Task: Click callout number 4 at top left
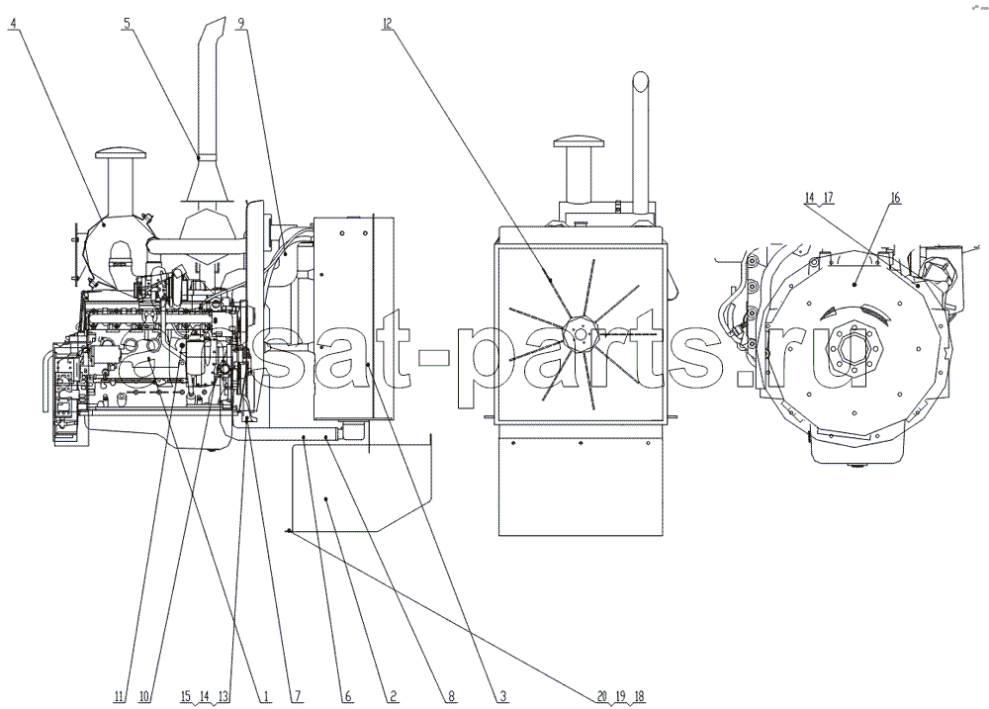point(14,24)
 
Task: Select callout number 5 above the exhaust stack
point(128,24)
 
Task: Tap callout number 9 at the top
point(240,24)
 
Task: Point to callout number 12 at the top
point(387,24)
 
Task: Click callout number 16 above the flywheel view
point(894,198)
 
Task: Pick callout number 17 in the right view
point(828,198)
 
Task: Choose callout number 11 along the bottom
point(120,696)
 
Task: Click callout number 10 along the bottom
point(144,696)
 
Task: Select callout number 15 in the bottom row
point(186,696)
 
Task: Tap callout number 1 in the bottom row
point(265,696)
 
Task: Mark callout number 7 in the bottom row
point(297,696)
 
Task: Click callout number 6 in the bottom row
point(347,696)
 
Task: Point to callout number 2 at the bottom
point(393,696)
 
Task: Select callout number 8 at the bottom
point(452,696)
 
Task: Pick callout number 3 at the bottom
point(503,696)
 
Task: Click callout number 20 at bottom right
point(601,696)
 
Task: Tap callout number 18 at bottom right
point(639,696)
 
